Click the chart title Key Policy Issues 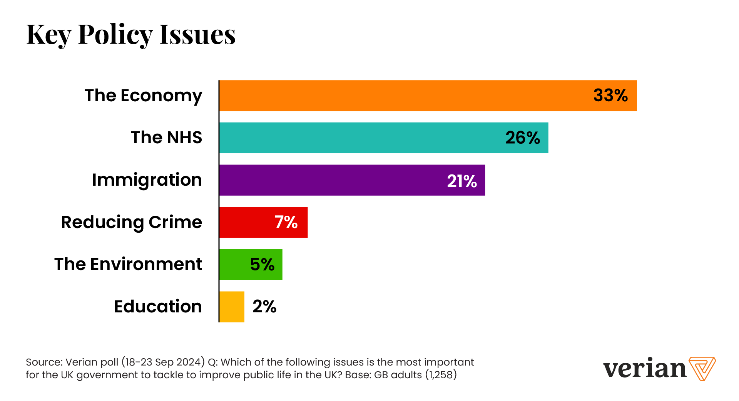coord(131,35)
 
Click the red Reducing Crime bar coord(246,222)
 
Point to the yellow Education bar coord(232,307)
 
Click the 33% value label coord(610,96)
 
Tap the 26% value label coord(523,138)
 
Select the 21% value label coord(462,181)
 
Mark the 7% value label coord(286,222)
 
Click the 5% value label coord(262,265)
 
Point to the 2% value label coord(264,307)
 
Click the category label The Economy coord(143,96)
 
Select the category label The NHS coord(166,138)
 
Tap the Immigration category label coord(147,180)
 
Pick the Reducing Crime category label coord(131,222)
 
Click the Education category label coord(158,307)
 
